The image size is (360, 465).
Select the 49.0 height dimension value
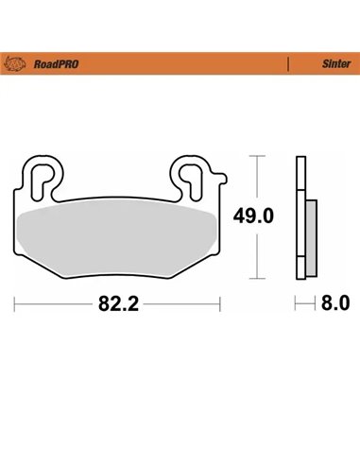pyautogui.click(x=255, y=215)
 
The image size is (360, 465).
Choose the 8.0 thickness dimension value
pyautogui.click(x=335, y=304)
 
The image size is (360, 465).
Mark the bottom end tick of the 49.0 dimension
pyautogui.click(x=255, y=280)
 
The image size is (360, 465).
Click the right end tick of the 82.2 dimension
pyautogui.click(x=220, y=304)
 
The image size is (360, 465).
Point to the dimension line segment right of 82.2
pyautogui.click(x=180, y=304)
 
